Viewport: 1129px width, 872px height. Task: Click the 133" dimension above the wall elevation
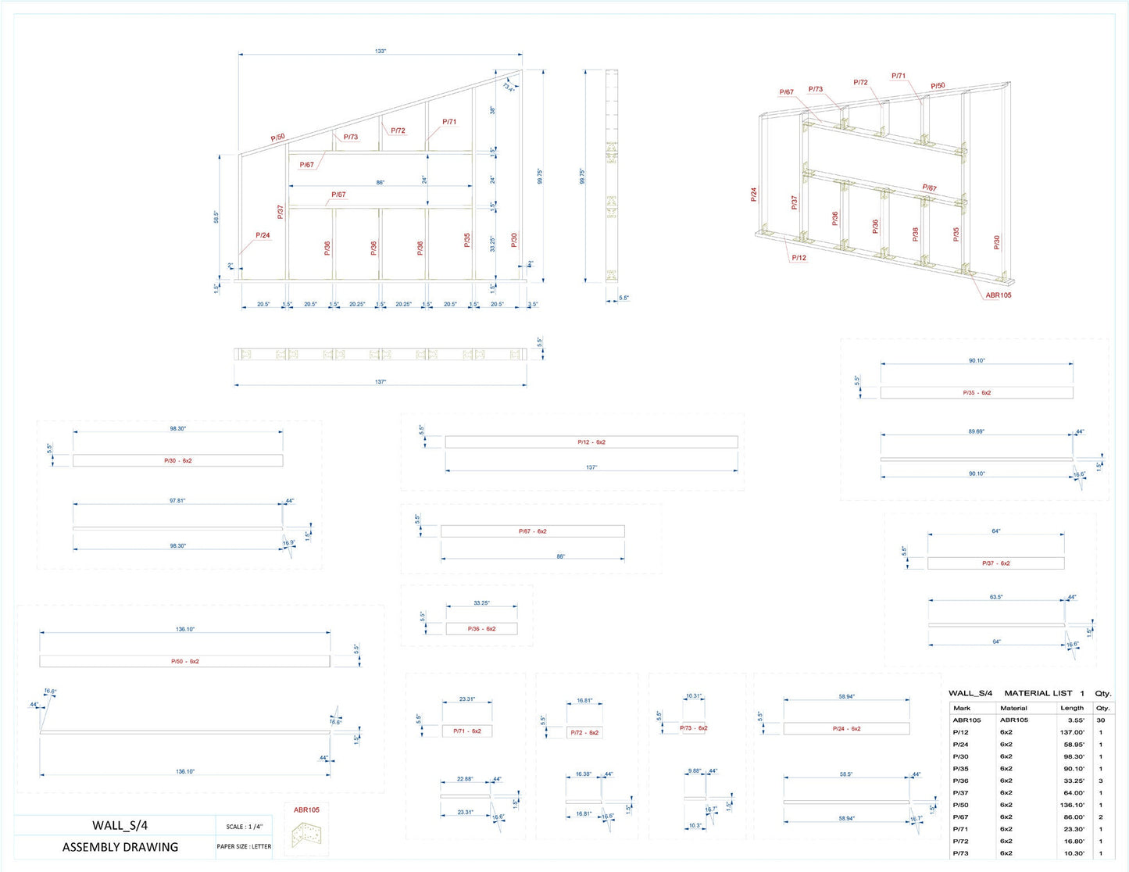click(x=380, y=52)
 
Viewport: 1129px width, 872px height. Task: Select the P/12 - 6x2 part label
click(x=591, y=442)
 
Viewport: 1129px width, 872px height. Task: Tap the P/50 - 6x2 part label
click(x=185, y=662)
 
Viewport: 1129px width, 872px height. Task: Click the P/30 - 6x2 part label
click(x=177, y=461)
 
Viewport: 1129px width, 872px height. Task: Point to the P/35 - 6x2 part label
click(x=977, y=393)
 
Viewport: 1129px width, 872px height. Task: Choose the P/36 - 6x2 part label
click(x=481, y=629)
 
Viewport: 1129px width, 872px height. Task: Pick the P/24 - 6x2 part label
click(x=846, y=729)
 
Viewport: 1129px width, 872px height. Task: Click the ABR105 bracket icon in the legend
click(x=306, y=836)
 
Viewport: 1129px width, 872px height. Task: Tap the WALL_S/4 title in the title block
click(x=120, y=825)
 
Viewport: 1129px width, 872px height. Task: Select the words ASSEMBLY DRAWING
click(x=120, y=847)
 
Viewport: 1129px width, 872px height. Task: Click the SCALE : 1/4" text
click(x=244, y=827)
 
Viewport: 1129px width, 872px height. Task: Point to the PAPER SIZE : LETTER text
click(x=244, y=846)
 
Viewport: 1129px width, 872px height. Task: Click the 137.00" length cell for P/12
click(x=1071, y=732)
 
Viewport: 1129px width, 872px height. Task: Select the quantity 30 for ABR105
click(x=1101, y=720)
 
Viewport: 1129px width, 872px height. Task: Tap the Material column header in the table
click(x=1013, y=708)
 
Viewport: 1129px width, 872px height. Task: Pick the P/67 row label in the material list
click(x=960, y=817)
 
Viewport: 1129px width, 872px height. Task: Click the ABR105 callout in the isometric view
click(x=998, y=295)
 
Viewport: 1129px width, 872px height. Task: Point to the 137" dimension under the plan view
click(x=380, y=382)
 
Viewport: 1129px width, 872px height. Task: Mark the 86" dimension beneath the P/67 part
click(x=560, y=557)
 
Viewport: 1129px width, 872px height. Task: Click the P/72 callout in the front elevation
click(x=398, y=131)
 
